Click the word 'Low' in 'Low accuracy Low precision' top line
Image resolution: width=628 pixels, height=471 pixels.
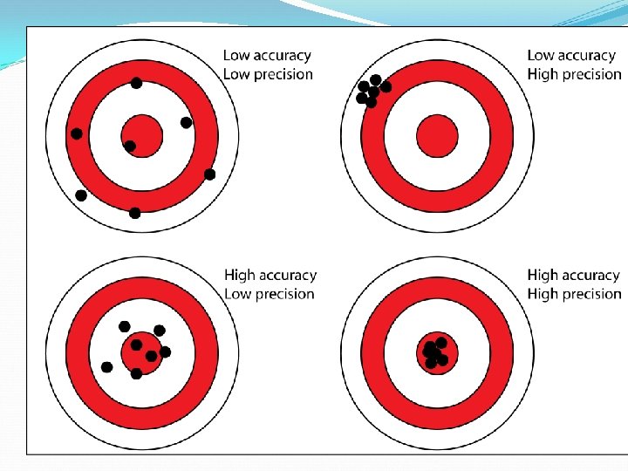[235, 56]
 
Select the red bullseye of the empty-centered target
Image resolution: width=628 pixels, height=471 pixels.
[437, 136]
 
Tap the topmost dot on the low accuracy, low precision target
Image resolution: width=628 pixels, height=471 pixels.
[136, 83]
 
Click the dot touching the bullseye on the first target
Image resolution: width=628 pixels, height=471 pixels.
[130, 146]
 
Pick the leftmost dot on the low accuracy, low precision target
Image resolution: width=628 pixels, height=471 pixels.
[77, 133]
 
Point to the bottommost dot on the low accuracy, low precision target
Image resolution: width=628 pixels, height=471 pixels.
[134, 213]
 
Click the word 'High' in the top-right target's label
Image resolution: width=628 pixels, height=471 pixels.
[543, 75]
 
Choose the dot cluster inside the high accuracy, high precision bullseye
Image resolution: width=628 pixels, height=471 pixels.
[434, 353]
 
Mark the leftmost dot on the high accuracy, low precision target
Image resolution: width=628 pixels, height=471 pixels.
[106, 367]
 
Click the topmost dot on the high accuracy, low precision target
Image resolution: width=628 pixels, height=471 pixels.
[125, 326]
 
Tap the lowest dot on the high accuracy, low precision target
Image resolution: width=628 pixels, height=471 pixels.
[136, 374]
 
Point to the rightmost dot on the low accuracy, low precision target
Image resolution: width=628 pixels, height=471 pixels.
[209, 174]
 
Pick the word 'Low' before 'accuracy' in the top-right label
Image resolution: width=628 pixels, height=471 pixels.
[540, 56]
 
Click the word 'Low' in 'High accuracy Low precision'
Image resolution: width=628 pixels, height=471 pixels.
[237, 295]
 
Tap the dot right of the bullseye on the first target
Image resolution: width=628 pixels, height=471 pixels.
[186, 122]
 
